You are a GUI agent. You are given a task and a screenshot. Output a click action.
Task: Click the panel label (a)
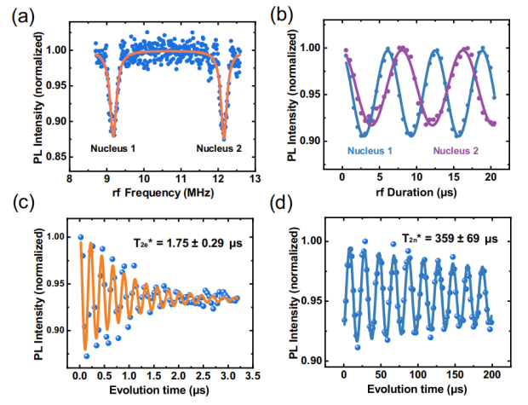23,17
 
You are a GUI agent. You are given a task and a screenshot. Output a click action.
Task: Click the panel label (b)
281,15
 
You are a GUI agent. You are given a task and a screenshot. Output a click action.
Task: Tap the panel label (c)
23,203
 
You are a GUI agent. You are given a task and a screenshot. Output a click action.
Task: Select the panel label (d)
281,203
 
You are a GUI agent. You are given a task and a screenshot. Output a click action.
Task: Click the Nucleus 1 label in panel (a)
112,148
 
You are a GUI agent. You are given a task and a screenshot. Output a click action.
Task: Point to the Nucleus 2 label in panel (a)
219,148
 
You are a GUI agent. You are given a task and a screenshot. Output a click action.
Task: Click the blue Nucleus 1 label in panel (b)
370,151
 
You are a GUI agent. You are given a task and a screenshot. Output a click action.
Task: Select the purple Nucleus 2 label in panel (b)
456,151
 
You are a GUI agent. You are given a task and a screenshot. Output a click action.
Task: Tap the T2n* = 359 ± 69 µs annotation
450,239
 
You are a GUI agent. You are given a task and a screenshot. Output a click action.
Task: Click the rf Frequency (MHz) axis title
163,193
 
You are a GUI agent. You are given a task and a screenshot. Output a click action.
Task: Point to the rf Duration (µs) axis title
416,193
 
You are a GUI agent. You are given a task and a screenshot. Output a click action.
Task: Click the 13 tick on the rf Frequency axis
255,178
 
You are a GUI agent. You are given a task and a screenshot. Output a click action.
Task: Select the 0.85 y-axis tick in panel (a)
55,157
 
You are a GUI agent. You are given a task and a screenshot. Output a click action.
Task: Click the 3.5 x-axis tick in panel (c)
253,376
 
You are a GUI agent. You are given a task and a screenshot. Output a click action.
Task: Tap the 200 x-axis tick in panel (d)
492,374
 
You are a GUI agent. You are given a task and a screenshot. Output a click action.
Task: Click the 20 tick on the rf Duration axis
491,176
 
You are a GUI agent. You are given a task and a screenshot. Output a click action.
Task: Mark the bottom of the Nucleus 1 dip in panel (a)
113,136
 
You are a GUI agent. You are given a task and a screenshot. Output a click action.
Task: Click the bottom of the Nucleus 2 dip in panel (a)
224,139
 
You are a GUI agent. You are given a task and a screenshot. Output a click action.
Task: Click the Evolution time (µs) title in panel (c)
159,391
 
